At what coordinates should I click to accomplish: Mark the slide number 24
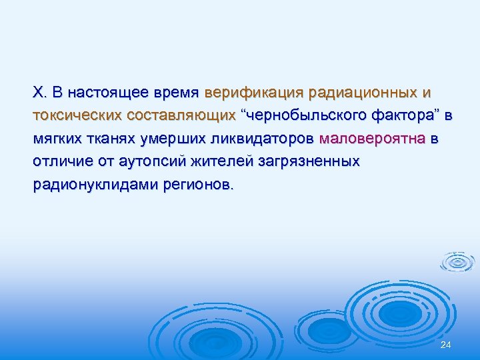coord(446,344)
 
